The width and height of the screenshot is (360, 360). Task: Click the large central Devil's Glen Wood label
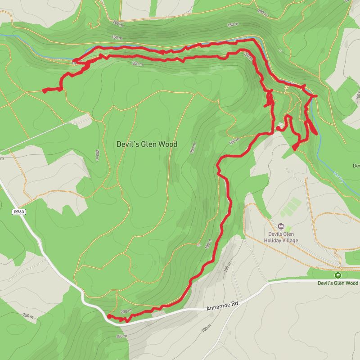(x=147, y=144)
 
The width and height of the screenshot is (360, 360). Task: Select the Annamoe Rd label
(x=222, y=307)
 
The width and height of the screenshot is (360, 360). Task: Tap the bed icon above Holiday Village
(x=281, y=226)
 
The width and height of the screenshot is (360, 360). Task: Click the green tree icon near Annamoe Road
(x=338, y=275)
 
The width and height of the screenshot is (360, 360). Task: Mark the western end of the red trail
(x=44, y=91)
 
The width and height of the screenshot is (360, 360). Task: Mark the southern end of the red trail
(x=109, y=316)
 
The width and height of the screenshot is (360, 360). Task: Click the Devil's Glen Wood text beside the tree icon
(x=338, y=283)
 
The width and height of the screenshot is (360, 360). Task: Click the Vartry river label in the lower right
(x=339, y=176)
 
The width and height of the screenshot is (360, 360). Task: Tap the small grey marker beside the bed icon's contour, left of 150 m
(x=198, y=245)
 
